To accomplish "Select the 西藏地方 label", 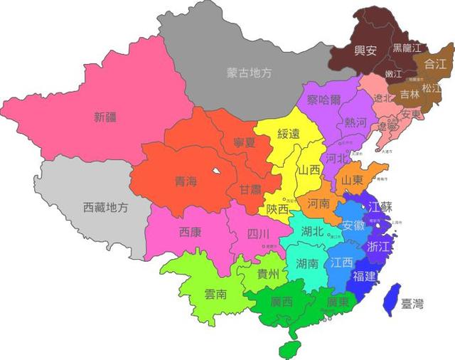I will (106, 208).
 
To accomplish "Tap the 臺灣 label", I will (412, 305).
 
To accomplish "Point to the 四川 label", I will (258, 233).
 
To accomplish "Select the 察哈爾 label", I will (324, 100).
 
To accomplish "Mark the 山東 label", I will (353, 181).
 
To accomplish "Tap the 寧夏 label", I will (245, 142).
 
